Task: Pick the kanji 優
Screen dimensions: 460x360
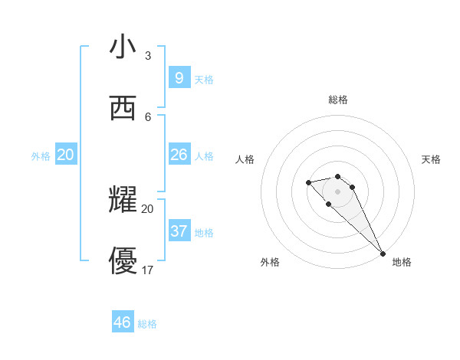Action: tap(123, 261)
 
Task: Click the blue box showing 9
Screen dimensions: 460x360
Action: tap(179, 77)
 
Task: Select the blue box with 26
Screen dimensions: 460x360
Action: tap(179, 155)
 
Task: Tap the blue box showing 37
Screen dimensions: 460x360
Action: tap(179, 231)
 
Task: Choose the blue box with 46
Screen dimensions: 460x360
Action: tap(123, 322)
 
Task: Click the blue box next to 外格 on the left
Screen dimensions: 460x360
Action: tap(66, 155)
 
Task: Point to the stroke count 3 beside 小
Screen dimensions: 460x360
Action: tap(148, 56)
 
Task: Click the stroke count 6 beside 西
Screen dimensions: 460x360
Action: tap(148, 116)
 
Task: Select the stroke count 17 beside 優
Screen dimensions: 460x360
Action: tap(148, 270)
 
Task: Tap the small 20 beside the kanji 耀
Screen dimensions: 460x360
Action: tap(148, 208)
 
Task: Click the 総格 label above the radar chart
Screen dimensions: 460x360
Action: tap(338, 100)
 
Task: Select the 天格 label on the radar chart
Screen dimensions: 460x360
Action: tap(431, 159)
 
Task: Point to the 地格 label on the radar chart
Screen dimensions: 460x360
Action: tap(402, 262)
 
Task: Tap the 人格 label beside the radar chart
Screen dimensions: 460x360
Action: tap(245, 159)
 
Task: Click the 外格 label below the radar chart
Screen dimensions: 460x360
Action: tap(270, 262)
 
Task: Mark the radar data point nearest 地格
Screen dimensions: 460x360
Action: tap(383, 254)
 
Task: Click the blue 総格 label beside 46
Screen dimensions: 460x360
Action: tap(147, 324)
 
